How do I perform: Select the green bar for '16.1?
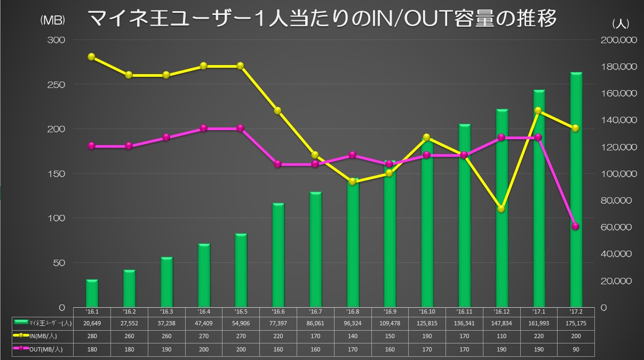click(x=92, y=293)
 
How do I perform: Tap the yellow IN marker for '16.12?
click(x=501, y=209)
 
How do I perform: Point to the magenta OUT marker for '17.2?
click(x=576, y=226)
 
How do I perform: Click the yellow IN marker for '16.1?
click(x=91, y=57)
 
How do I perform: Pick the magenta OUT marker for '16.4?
click(x=203, y=128)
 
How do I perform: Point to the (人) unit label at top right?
click(x=622, y=23)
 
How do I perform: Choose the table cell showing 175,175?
click(x=575, y=323)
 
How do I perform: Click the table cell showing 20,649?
click(x=91, y=323)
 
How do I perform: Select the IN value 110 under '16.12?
click(x=501, y=337)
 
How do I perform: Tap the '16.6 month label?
click(x=278, y=311)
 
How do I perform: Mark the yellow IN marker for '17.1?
click(x=538, y=111)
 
